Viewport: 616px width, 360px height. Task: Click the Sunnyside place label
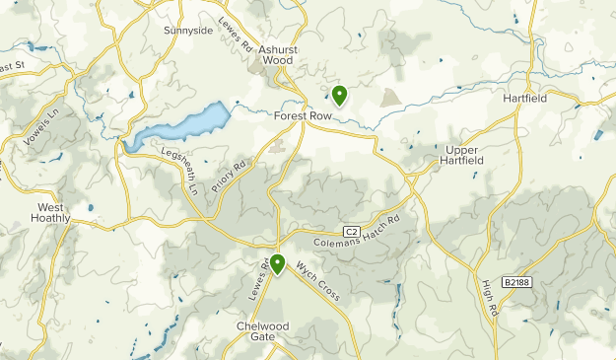tap(188, 31)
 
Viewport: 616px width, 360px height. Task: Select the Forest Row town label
tap(303, 114)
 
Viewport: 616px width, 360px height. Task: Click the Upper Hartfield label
tap(452, 156)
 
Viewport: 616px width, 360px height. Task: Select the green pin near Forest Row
tap(339, 95)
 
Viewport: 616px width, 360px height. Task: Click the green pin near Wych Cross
tap(278, 263)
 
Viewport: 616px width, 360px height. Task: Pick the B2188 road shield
tap(515, 282)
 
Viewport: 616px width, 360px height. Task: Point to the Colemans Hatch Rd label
tap(357, 232)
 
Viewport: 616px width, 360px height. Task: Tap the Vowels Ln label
tap(35, 125)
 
